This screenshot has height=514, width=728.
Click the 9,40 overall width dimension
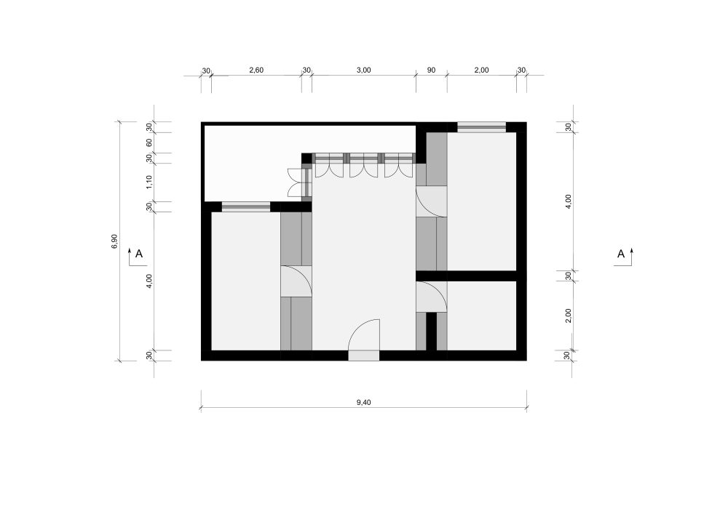(363, 402)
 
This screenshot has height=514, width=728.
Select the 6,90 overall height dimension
(115, 241)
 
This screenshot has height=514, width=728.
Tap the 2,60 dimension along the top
(256, 70)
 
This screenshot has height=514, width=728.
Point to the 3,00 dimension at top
(363, 70)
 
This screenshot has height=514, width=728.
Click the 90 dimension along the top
(431, 70)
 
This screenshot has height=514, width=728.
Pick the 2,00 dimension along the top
(481, 70)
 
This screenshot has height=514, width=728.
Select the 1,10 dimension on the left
(149, 182)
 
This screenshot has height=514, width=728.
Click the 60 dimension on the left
(149, 142)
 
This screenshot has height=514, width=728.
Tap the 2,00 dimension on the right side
(569, 316)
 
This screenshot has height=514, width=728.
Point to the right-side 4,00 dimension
(569, 201)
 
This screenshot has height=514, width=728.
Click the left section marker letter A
(139, 254)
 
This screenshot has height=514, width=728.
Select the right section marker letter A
(621, 254)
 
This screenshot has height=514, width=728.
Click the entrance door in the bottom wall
(364, 340)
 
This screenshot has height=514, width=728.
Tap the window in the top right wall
(481, 127)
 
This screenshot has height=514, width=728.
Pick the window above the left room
(245, 206)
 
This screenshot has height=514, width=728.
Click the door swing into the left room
(296, 281)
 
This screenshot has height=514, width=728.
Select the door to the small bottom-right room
(431, 297)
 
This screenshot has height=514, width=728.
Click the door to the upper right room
(431, 201)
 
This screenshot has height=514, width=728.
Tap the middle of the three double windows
(363, 166)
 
